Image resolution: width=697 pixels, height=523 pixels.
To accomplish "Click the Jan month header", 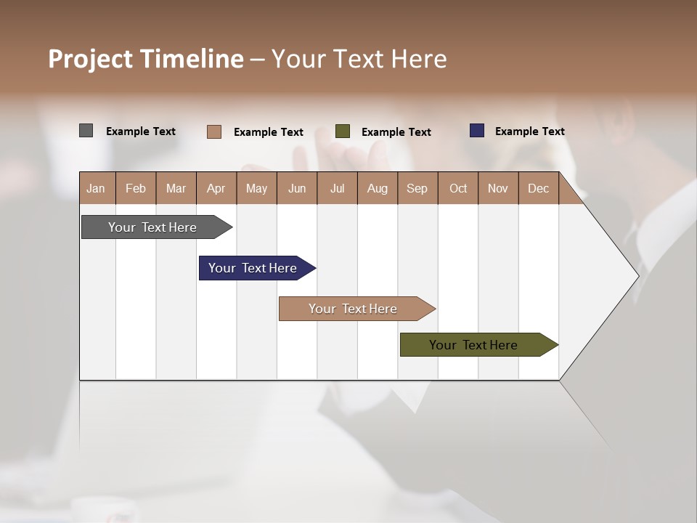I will pyautogui.click(x=96, y=188).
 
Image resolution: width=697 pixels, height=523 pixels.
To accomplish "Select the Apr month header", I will pyautogui.click(x=216, y=188).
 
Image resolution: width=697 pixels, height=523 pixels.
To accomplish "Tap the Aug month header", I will pyautogui.click(x=377, y=188).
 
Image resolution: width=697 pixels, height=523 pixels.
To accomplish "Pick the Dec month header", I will pyautogui.click(x=538, y=188).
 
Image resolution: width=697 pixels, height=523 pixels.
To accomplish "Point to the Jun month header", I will pyautogui.click(x=296, y=188).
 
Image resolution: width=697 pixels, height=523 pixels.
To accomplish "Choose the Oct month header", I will pyautogui.click(x=457, y=188).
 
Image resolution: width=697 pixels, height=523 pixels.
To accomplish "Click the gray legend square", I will pyautogui.click(x=86, y=131).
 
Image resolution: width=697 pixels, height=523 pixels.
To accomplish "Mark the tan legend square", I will pyautogui.click(x=213, y=131).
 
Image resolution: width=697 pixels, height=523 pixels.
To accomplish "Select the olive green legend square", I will pyautogui.click(x=343, y=131).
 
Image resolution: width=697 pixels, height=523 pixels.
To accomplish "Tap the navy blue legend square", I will pyautogui.click(x=476, y=131).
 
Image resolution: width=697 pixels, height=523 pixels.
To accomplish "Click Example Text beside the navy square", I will pyautogui.click(x=529, y=131).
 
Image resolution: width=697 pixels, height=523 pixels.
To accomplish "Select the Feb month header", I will pyautogui.click(x=136, y=188).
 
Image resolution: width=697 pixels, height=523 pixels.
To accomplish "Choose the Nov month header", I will pyautogui.click(x=497, y=188).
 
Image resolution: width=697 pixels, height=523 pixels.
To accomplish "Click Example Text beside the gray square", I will pyautogui.click(x=140, y=131).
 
